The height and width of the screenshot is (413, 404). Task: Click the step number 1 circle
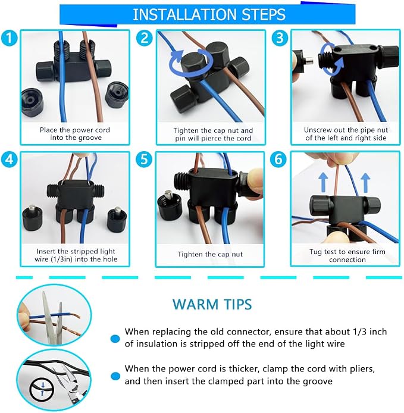click(x=9, y=37)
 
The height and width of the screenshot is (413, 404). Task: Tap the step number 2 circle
click(x=145, y=37)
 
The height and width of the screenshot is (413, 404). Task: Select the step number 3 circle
click(x=280, y=37)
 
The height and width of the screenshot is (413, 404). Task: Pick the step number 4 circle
click(x=9, y=159)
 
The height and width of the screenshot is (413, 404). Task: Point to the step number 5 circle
click(x=144, y=159)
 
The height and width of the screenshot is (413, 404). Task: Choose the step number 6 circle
click(x=278, y=159)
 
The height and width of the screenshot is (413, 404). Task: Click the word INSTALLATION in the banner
click(x=184, y=14)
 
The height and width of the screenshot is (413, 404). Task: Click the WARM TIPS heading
click(x=212, y=304)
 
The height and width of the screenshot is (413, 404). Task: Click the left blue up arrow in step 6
click(x=324, y=182)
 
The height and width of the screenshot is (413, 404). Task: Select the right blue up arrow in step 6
click(x=365, y=182)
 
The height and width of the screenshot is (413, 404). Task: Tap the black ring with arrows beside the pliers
click(x=42, y=389)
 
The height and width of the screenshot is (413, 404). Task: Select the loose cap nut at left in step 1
click(x=32, y=102)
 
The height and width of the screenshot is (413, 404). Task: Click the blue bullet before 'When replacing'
click(x=115, y=339)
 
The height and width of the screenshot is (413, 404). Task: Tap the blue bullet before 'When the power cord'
click(x=115, y=376)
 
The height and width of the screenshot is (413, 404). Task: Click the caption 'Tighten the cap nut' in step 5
click(x=210, y=255)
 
